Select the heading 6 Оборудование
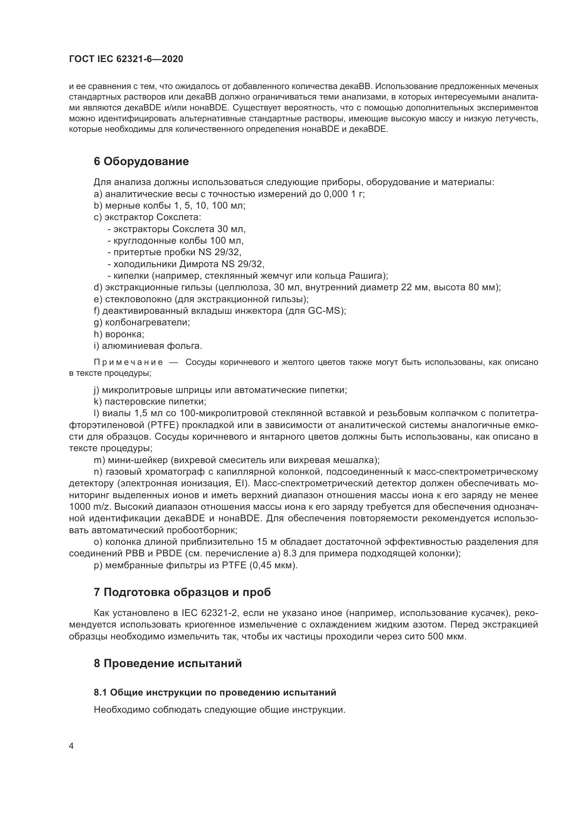click(141, 161)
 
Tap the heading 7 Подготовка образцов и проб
click(182, 592)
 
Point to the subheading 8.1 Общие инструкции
click(215, 692)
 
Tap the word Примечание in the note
click(128, 362)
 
